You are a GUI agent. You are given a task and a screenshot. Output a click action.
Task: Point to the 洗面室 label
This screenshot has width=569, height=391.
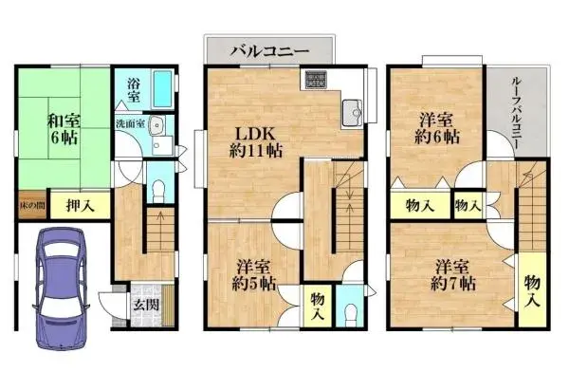(130, 123)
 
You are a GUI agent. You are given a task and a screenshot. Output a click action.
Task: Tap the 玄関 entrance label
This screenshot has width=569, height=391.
(145, 306)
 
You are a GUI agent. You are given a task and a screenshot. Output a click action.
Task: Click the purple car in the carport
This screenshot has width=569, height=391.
(58, 290)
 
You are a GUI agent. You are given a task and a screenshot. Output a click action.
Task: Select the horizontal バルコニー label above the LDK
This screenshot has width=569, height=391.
(268, 50)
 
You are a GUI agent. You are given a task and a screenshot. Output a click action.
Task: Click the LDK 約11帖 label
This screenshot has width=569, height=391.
(250, 141)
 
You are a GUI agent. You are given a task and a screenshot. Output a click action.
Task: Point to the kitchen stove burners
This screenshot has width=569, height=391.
(315, 79)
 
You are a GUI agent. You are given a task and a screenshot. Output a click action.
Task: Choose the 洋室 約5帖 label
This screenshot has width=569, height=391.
(256, 275)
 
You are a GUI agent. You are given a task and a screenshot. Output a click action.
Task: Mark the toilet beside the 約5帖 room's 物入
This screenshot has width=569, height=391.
(351, 312)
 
